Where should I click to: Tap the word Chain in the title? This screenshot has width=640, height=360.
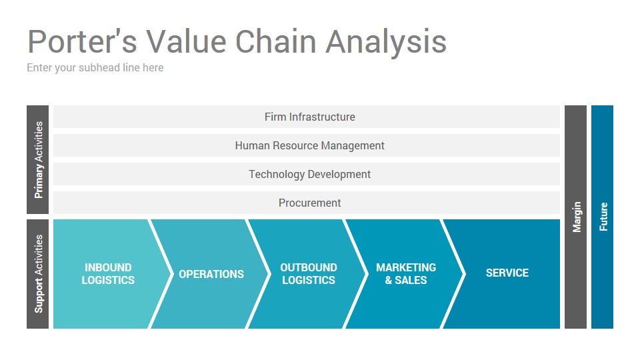click(x=276, y=41)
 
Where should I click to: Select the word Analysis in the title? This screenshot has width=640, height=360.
click(x=386, y=43)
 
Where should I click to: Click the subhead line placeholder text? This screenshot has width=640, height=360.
click(x=95, y=68)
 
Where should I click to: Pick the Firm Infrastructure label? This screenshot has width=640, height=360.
click(x=310, y=117)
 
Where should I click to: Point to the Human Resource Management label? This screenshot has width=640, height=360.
click(x=310, y=146)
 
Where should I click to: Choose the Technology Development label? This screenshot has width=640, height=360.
click(x=310, y=174)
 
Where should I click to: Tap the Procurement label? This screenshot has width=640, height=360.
click(x=310, y=203)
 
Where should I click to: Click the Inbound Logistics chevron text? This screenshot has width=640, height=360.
click(x=108, y=274)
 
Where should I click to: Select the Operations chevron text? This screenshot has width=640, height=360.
click(x=211, y=274)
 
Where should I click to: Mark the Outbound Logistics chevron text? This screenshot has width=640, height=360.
click(x=309, y=274)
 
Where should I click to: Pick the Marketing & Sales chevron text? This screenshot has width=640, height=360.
click(x=406, y=274)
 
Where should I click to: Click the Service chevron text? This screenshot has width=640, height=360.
click(x=507, y=273)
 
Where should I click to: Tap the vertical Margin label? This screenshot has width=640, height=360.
click(x=576, y=217)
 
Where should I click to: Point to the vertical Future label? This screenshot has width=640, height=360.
click(x=603, y=217)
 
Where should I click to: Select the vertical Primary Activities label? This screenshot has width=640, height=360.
click(x=39, y=160)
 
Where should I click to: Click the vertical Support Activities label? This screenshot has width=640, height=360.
click(x=39, y=274)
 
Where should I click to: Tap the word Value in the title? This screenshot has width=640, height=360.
click(x=186, y=41)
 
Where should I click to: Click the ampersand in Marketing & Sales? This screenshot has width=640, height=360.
click(x=388, y=281)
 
